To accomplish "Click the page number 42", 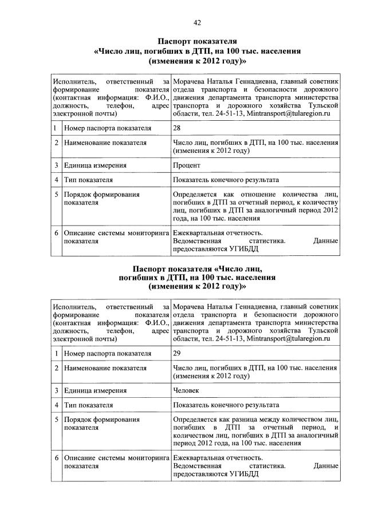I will pos(196,22).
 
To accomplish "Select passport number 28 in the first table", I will pos(176,128).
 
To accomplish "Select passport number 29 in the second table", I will pos(176,353).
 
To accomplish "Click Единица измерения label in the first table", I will pos(95,165).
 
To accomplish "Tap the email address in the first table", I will pos(289,114).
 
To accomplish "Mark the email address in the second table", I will pos(289,339).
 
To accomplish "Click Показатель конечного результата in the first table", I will pos(226,180).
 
